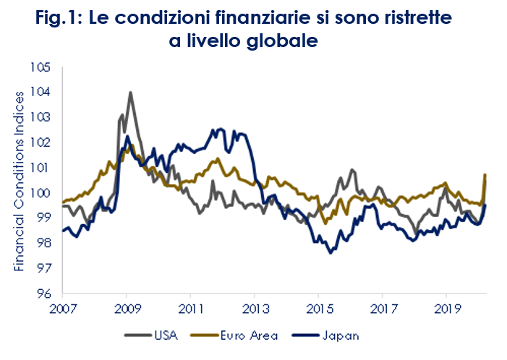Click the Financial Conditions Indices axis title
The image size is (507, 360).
point(20,181)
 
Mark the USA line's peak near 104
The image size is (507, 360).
point(130,93)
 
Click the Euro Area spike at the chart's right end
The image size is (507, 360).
point(485,175)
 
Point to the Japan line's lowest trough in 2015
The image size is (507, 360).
point(330,252)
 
